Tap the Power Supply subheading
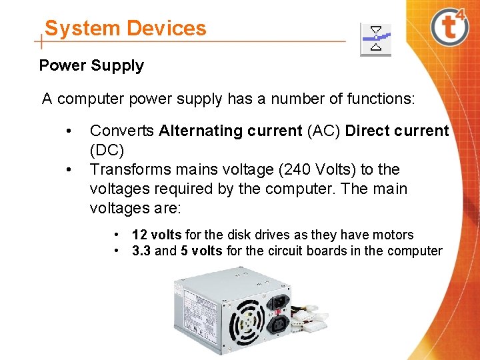(x=91, y=65)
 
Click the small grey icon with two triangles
(x=376, y=39)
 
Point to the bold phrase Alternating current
(x=231, y=131)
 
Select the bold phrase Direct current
(x=397, y=131)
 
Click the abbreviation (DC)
(x=107, y=150)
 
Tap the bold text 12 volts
(x=157, y=235)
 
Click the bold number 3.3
(x=141, y=251)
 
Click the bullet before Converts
(x=68, y=131)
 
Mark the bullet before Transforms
(x=68, y=169)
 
